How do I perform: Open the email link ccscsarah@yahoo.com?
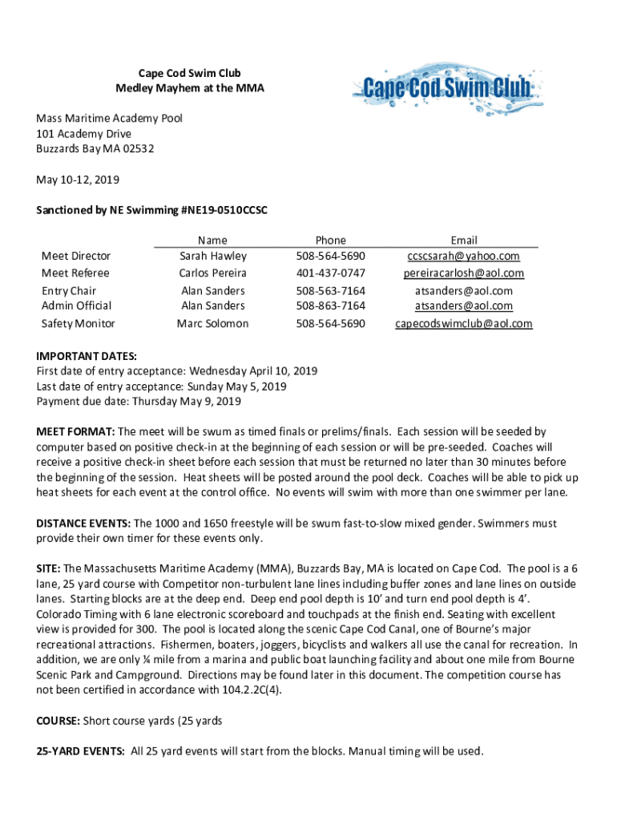pos(464,257)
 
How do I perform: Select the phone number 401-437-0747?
pos(330,273)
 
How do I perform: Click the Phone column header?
pos(330,240)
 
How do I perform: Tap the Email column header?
pos(464,240)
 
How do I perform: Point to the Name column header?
pos(212,240)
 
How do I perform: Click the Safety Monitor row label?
pos(78,324)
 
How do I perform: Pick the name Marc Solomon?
pos(212,324)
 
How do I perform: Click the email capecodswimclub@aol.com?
pos(464,324)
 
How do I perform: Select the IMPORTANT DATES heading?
pos(87,356)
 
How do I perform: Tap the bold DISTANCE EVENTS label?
pos(84,524)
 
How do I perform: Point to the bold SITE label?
pos(48,568)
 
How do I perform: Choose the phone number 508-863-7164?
pos(330,305)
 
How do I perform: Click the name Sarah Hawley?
pos(212,257)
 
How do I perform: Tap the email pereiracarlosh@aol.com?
pos(464,273)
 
